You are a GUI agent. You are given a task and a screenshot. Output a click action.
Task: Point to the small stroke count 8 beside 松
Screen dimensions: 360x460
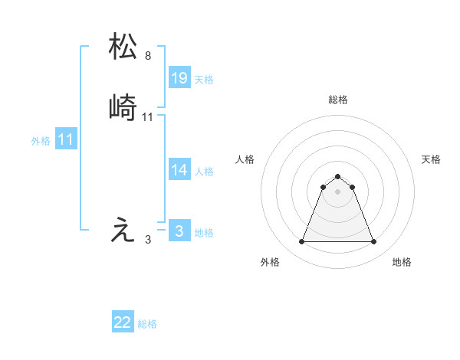pos(148,56)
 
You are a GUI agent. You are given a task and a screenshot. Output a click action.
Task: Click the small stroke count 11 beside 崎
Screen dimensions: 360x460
pos(148,117)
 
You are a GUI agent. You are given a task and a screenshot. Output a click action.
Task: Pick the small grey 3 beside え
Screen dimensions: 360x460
pos(148,240)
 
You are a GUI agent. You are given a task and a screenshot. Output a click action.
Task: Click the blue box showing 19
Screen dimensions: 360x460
pos(179,78)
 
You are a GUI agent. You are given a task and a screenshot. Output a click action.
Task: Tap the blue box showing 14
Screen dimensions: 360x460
pos(179,170)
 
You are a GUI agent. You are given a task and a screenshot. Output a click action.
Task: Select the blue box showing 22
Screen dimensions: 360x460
pos(123,322)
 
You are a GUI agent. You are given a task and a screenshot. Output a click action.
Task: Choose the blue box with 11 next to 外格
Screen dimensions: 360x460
pos(66,139)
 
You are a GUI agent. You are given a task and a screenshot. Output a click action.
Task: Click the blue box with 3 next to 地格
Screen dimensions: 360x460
pos(179,231)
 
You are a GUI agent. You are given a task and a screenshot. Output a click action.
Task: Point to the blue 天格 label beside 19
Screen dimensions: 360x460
pos(204,79)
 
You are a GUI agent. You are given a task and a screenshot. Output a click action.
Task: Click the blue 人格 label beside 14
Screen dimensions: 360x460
pos(204,171)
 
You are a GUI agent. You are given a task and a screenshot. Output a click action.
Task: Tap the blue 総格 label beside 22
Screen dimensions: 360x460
pos(147,324)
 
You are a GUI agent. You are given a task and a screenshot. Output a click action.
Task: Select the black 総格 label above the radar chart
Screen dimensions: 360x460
pos(338,100)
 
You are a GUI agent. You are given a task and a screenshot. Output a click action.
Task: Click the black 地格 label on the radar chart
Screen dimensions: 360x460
pos(402,262)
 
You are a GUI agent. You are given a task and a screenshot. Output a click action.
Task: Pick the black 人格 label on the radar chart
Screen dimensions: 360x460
pos(245,159)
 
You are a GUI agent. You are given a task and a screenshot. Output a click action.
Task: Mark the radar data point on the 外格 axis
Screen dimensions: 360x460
pos(301,242)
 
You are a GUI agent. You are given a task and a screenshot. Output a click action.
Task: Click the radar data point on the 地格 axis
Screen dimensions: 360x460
pos(374,242)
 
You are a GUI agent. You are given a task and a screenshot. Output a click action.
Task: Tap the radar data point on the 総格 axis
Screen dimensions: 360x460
pos(338,176)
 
